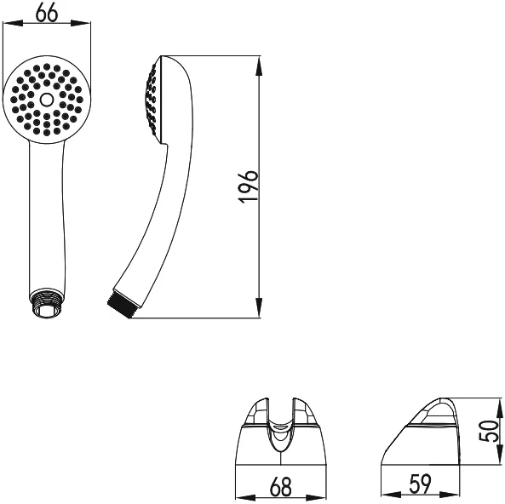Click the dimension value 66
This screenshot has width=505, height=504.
[x=47, y=14]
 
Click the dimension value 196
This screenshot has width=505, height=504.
[x=249, y=186]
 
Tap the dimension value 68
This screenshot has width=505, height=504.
[x=281, y=487]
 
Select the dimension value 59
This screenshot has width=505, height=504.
[x=420, y=484]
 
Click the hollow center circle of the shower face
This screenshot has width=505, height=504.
[x=47, y=100]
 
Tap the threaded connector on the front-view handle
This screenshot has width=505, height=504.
[x=47, y=303]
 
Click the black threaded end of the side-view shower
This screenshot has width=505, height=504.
[x=120, y=304]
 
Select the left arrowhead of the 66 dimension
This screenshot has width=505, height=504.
[x=13, y=24]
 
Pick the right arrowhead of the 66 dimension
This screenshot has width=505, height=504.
[x=81, y=24]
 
